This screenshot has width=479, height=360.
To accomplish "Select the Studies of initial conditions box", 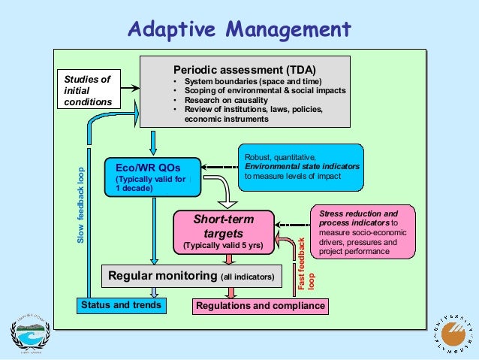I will (x=87, y=89).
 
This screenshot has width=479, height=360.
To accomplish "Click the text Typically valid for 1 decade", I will (x=150, y=183).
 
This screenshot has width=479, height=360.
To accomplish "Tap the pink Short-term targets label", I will (x=224, y=226).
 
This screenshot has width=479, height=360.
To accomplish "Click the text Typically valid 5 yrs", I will (x=224, y=246).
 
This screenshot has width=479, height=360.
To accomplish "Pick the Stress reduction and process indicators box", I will (x=364, y=233).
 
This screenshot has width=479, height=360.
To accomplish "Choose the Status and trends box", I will (x=121, y=306).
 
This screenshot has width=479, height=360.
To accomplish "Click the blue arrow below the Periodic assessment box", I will (x=153, y=141).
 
